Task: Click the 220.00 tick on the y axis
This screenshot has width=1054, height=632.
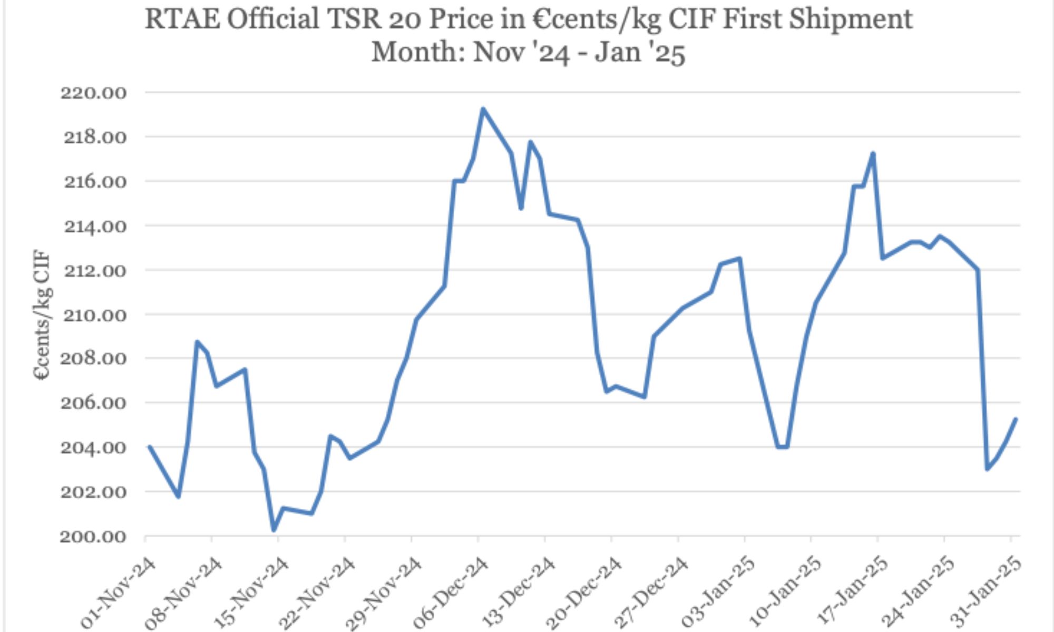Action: point(94,93)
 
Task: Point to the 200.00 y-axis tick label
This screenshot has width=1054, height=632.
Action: point(94,537)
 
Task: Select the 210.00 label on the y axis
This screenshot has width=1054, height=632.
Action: point(94,315)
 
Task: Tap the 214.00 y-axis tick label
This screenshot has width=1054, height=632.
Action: point(94,227)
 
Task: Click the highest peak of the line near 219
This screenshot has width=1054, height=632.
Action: point(483,109)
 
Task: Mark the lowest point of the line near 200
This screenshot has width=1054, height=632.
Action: point(274,530)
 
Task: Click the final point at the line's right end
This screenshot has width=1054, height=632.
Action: point(1016,419)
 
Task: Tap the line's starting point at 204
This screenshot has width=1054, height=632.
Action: point(150,447)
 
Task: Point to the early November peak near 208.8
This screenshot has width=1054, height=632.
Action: point(197,341)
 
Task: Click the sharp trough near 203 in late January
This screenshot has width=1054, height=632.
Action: point(987,469)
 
